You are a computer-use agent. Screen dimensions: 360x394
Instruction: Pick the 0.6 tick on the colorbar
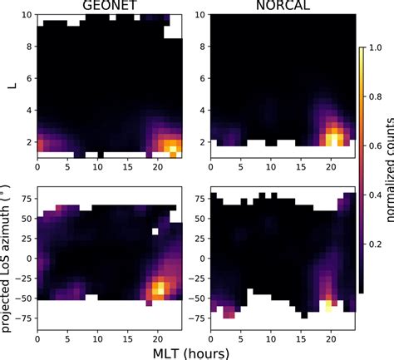coord(367,147)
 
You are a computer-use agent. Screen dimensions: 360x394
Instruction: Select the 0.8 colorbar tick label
coord(367,97)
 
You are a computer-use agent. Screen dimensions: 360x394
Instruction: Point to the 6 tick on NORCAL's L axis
coord(193,78)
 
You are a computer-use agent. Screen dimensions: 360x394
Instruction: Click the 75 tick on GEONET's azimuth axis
coord(27,200)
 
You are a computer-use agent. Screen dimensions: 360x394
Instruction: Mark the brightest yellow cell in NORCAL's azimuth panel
coord(328,305)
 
